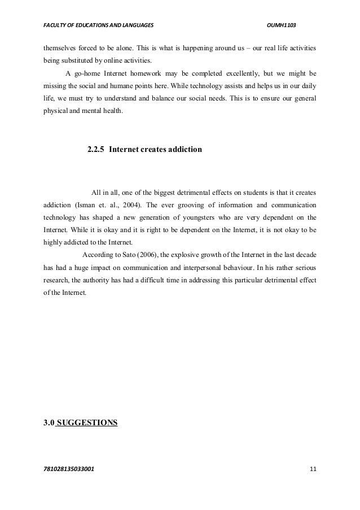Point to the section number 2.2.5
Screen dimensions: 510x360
[95, 151]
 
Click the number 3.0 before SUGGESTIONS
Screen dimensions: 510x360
[50, 421]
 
